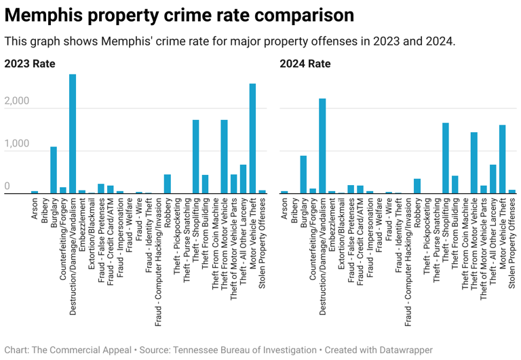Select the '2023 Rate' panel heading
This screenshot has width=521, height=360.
(29, 64)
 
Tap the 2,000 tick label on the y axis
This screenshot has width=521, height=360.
(17, 102)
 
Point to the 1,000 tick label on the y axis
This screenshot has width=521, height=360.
(17, 144)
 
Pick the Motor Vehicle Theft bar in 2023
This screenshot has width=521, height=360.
(252, 139)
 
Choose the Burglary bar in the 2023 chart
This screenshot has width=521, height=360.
(54, 170)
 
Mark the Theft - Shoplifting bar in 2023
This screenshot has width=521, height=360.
(195, 157)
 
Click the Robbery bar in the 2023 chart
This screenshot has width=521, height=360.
(167, 184)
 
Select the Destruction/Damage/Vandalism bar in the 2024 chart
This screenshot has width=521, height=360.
(322, 146)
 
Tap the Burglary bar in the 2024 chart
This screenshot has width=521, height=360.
(303, 175)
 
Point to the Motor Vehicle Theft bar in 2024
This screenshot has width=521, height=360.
(503, 159)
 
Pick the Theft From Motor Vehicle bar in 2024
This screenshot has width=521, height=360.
(474, 163)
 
